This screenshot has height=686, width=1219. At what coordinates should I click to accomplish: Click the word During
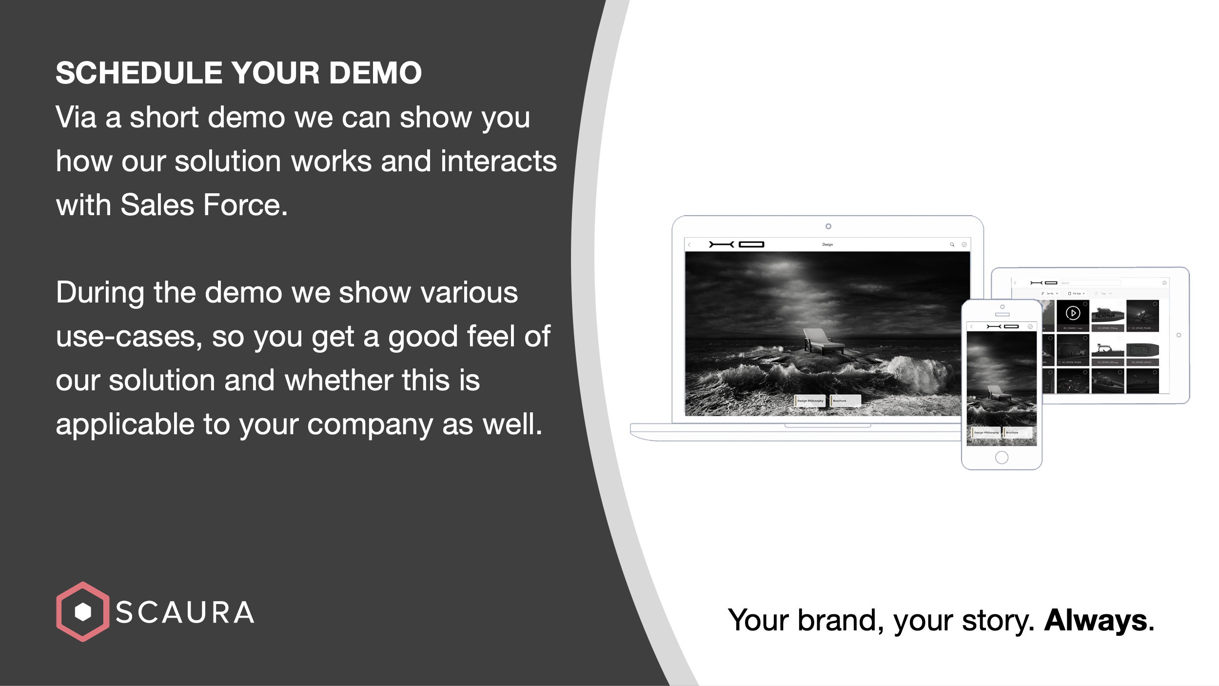(99, 293)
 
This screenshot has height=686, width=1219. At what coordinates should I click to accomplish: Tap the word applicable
(124, 424)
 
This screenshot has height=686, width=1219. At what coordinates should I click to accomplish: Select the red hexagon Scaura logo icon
(82, 611)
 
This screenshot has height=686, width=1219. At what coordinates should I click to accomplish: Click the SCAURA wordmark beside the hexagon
(185, 613)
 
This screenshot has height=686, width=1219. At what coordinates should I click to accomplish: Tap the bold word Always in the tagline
(1096, 620)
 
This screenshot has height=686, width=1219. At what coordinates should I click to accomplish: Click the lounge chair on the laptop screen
(822, 341)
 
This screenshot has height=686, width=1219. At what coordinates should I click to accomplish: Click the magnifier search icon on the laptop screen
(952, 244)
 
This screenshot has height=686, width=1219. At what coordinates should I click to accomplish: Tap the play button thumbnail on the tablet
(1073, 313)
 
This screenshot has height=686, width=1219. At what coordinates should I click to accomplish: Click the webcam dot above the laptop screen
(828, 226)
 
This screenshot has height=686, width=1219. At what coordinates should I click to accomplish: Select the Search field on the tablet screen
(1090, 283)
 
